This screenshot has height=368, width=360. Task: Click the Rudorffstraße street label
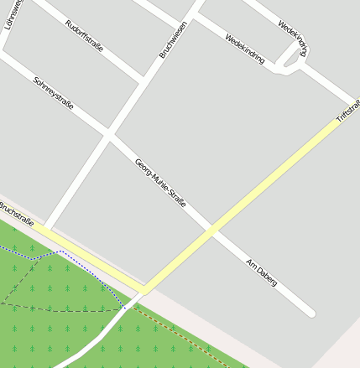pos(84,35)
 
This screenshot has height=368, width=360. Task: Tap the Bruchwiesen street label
pos(173,39)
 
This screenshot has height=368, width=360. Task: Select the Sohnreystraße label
pos(53,94)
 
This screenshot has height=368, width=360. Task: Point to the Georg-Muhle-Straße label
pos(159,184)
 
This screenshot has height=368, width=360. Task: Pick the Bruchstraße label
pos(16,214)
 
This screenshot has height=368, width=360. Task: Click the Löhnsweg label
pos(13,14)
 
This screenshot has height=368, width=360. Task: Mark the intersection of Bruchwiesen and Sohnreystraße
pos(107,132)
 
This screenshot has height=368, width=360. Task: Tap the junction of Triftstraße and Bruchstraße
pos(143,290)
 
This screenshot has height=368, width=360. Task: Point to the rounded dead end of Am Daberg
pos(310,314)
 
